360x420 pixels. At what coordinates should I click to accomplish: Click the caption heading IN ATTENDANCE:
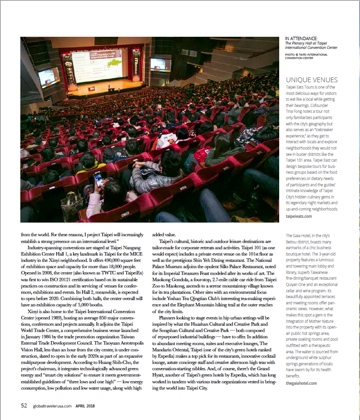click(x=301, y=38)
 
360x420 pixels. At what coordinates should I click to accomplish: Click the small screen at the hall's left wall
click(x=48, y=76)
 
